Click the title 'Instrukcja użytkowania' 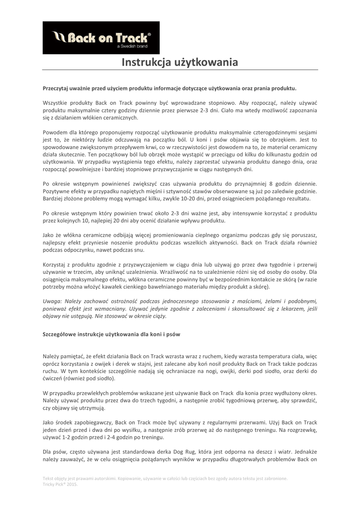coord(180,63)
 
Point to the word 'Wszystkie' coord(56,102)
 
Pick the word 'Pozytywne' coord(57,191)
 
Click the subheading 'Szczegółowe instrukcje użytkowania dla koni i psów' coord(111,334)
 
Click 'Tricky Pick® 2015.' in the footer coord(60,484)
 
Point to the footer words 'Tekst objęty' coord(57,478)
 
